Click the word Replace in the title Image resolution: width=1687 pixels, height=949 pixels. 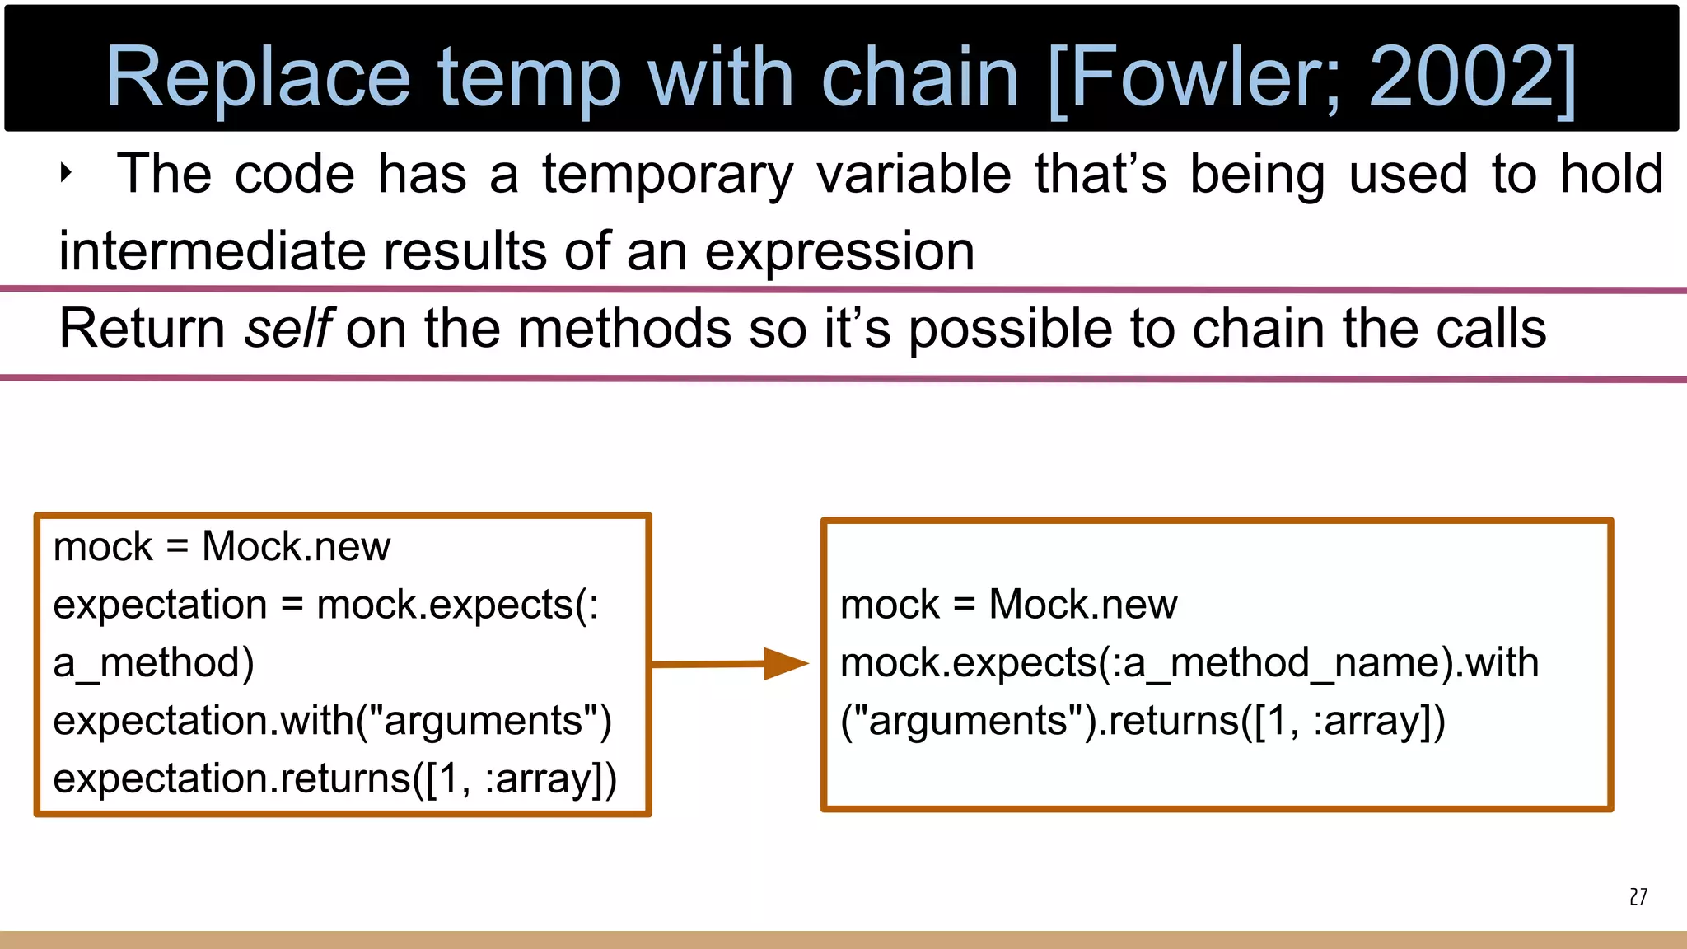click(x=258, y=78)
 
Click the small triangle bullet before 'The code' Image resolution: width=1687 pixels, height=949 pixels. click(x=67, y=174)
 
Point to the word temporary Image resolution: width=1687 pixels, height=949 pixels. click(x=667, y=175)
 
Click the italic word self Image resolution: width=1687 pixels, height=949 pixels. click(x=287, y=329)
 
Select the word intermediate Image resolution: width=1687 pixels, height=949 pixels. click(x=212, y=251)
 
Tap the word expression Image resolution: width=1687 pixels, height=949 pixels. click(x=839, y=253)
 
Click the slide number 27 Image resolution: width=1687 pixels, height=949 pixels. click(x=1638, y=897)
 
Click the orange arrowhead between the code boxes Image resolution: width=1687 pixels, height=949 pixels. click(x=784, y=663)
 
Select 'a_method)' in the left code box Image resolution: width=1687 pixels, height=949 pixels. click(x=154, y=663)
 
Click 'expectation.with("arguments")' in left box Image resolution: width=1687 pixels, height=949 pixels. click(x=332, y=721)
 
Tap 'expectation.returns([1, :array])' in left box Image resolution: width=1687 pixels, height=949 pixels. click(x=334, y=778)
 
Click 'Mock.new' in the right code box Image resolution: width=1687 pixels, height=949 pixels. click(x=1082, y=605)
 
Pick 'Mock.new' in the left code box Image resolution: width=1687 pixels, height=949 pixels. click(x=296, y=547)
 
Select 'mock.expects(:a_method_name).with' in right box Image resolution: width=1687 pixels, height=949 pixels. click(x=1189, y=663)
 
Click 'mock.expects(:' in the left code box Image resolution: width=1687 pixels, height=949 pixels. click(x=457, y=605)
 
